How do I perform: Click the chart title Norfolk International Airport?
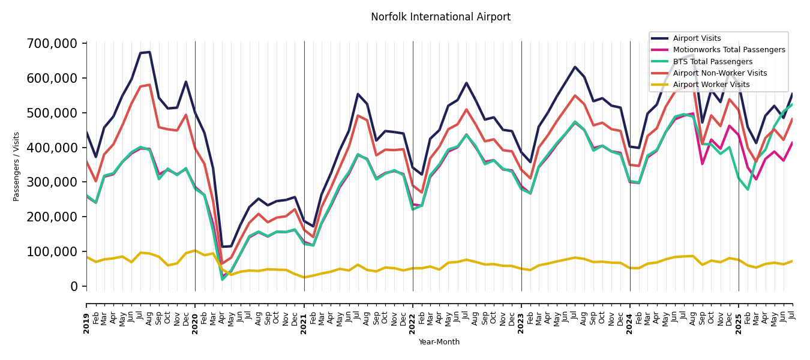pyautogui.click(x=440, y=17)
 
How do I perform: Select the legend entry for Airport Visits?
pyautogui.click(x=697, y=38)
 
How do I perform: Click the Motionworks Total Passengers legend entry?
pyautogui.click(x=728, y=50)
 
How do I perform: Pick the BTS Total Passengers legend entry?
pyautogui.click(x=712, y=62)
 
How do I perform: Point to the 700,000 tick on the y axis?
pyautogui.click(x=52, y=44)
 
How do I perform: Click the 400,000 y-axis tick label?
pyautogui.click(x=52, y=148)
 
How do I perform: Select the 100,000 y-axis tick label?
pyautogui.click(x=52, y=251)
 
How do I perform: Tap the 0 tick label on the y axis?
pyautogui.click(x=74, y=286)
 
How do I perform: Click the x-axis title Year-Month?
pyautogui.click(x=439, y=342)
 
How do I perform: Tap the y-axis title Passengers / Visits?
pyautogui.click(x=17, y=166)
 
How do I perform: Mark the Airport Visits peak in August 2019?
pyautogui.click(x=149, y=52)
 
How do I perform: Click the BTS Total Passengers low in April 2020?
pyautogui.click(x=223, y=279)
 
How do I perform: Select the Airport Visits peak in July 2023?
pyautogui.click(x=575, y=67)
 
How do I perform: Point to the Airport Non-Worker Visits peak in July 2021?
pyautogui.click(x=358, y=116)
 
